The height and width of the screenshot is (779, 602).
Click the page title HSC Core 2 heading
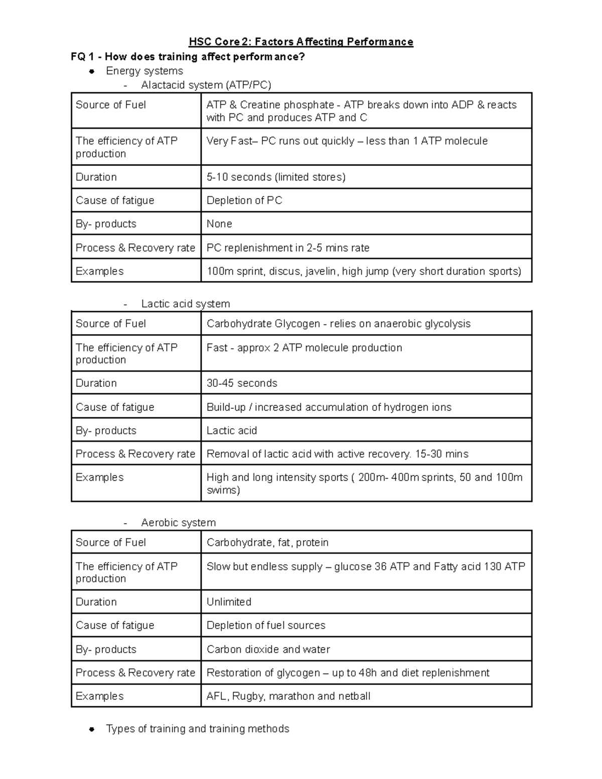point(300,42)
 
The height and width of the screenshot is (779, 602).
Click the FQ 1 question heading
point(188,57)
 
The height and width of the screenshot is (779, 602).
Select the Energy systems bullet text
point(144,71)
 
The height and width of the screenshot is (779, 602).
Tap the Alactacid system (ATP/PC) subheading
point(206,85)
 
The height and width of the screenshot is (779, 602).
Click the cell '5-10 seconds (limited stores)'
point(276,177)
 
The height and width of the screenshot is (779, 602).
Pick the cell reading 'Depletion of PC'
point(244,201)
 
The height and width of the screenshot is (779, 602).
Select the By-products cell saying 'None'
point(219,224)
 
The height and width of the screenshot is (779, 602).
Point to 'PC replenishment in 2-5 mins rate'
point(288,248)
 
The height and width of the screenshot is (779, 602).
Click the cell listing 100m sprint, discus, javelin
point(364,271)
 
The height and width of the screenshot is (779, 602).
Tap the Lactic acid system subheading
point(185,304)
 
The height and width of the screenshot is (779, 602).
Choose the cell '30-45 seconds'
point(242,383)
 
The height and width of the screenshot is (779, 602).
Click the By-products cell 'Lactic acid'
point(232,430)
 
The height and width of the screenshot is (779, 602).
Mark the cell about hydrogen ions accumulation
point(329,407)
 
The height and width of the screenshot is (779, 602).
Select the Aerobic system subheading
point(178,523)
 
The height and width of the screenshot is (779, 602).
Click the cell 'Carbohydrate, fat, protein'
point(267,543)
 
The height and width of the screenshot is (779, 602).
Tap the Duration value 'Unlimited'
point(229,602)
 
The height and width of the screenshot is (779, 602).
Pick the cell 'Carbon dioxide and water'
point(268,649)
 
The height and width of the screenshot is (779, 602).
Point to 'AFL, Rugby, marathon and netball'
point(288,696)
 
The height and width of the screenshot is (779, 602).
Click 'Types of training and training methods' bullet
point(198,729)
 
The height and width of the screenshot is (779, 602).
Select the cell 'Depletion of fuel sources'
point(266,626)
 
